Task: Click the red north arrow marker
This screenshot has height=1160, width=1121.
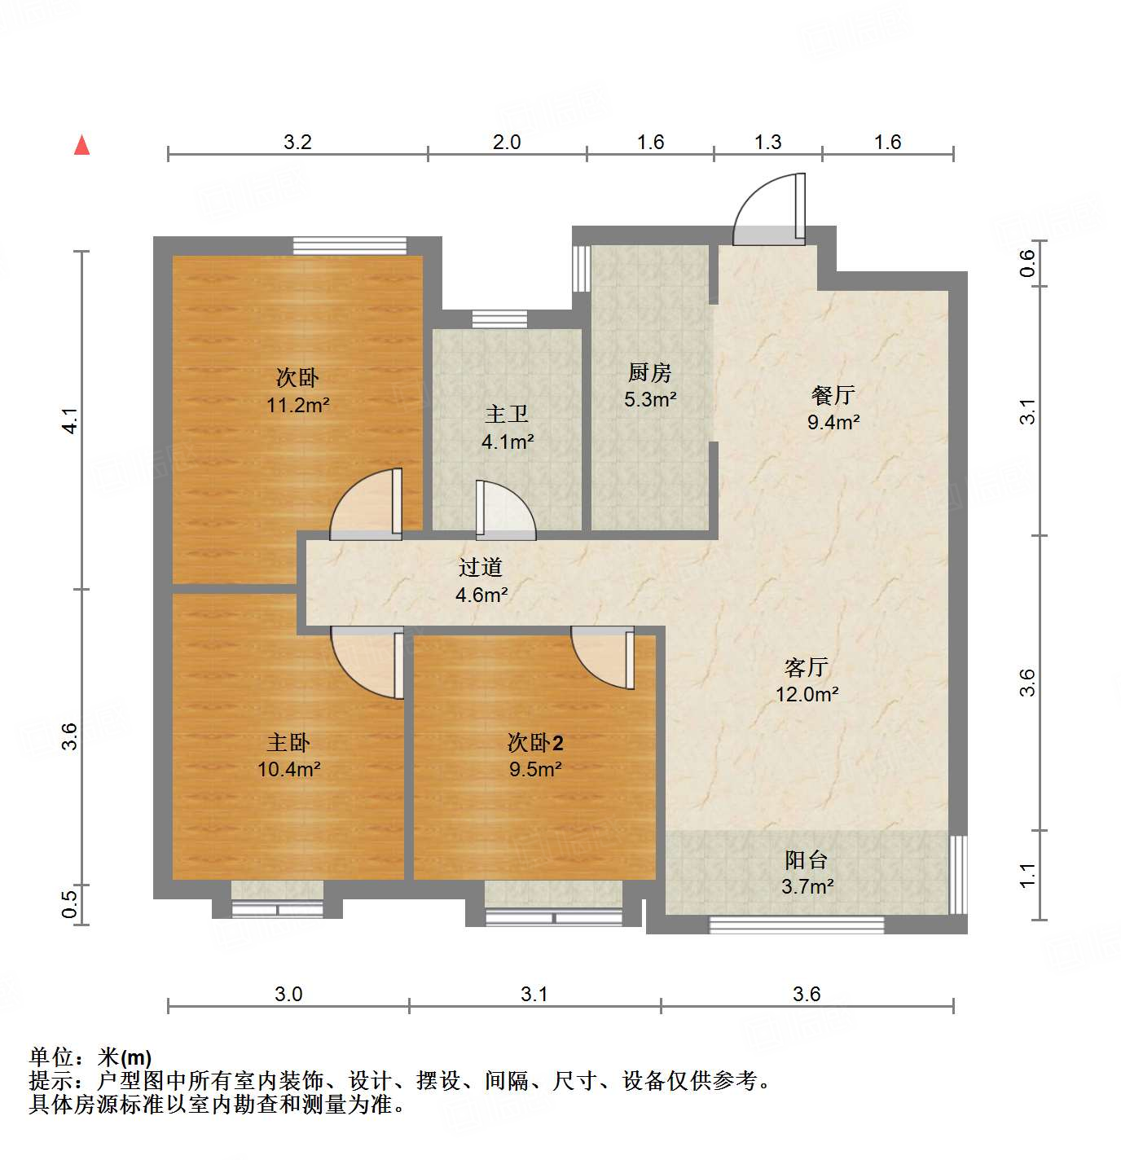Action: click(x=81, y=145)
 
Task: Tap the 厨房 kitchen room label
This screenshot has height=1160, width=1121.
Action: click(x=649, y=373)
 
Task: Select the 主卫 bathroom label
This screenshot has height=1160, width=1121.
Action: click(x=507, y=414)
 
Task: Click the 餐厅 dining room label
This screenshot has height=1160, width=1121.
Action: click(x=833, y=395)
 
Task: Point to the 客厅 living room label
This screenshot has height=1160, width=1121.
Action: click(x=807, y=668)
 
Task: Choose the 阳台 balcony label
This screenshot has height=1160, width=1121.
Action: click(x=807, y=860)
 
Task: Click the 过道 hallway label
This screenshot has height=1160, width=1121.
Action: click(x=480, y=567)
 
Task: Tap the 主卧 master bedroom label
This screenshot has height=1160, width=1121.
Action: click(x=288, y=743)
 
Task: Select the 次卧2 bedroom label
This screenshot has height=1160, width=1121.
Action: click(x=535, y=743)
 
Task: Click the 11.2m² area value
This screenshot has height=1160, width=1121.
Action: click(x=297, y=405)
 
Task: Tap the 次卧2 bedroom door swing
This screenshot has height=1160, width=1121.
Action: click(x=603, y=657)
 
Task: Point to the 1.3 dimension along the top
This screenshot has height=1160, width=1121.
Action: click(x=767, y=143)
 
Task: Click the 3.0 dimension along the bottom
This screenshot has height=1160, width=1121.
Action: click(x=288, y=994)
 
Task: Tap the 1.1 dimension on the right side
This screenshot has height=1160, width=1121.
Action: click(x=1028, y=876)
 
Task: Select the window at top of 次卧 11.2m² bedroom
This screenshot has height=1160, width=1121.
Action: click(x=349, y=245)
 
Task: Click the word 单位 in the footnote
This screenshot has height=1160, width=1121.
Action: click(x=51, y=1057)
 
